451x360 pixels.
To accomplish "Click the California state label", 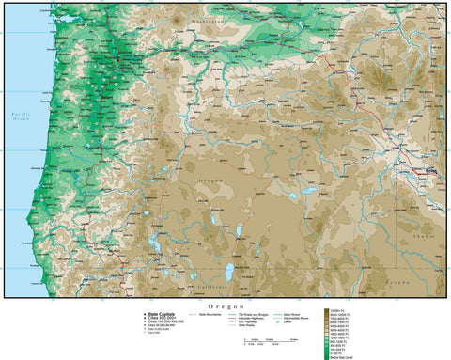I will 210,287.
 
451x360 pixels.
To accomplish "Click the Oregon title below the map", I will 225,305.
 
